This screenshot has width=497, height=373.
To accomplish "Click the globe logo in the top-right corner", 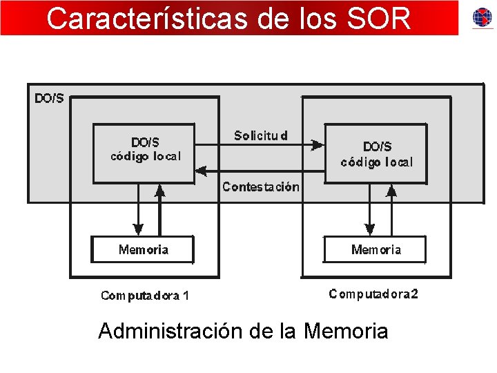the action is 483,17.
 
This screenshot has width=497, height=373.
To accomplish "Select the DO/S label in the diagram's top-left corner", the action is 49,98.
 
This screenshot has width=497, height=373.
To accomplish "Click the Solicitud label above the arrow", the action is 261,135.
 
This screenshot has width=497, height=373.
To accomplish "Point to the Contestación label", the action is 261,186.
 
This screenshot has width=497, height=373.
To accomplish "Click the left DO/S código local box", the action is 144,153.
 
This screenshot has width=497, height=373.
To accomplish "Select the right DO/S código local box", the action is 376,153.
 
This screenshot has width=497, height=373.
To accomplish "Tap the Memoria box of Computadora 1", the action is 143,249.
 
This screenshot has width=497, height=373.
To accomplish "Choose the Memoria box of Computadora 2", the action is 376,249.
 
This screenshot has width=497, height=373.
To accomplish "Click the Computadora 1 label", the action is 145,296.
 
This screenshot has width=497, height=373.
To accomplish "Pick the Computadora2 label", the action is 373,294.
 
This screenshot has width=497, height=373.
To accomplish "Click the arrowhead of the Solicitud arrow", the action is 317,145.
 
